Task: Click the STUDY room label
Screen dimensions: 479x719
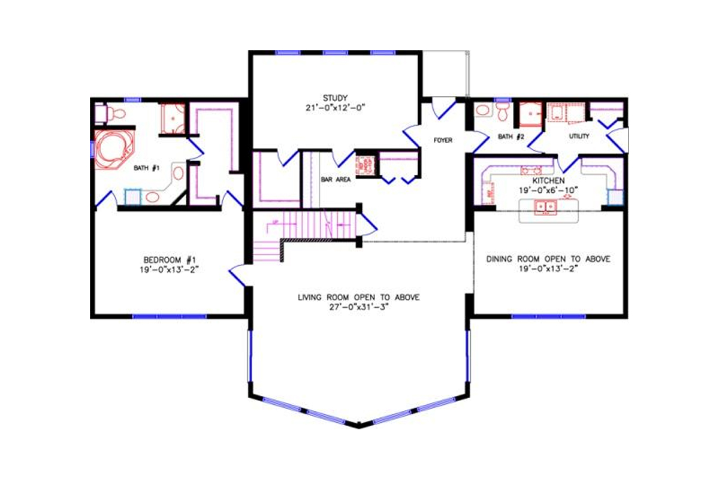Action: tap(335, 98)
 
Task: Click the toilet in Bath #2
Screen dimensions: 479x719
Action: tap(503, 111)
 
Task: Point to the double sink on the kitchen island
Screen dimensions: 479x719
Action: tap(546, 207)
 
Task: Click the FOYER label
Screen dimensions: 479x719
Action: tap(443, 141)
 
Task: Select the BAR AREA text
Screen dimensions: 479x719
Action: tap(335, 178)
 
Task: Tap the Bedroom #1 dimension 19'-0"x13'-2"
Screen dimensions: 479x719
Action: tap(168, 269)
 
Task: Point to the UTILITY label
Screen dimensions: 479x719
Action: tap(579, 137)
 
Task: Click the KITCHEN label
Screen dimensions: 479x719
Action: tap(548, 180)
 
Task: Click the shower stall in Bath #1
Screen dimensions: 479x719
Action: tap(172, 119)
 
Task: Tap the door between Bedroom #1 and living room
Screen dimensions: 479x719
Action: tap(237, 275)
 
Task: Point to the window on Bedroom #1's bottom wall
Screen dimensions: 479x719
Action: tap(168, 316)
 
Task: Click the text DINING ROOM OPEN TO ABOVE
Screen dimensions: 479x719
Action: tap(548, 259)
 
